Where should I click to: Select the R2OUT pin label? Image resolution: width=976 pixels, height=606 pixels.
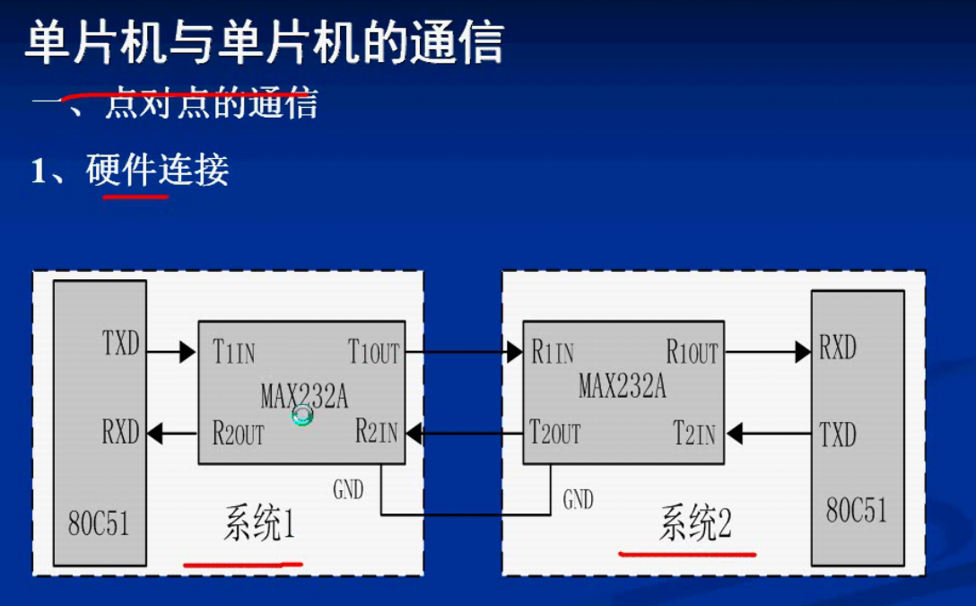pyautogui.click(x=238, y=435)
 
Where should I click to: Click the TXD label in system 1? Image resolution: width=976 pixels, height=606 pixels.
pyautogui.click(x=121, y=343)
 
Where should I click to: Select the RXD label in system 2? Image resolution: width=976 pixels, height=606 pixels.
pyautogui.click(x=838, y=347)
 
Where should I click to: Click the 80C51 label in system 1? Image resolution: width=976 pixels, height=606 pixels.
pyautogui.click(x=99, y=523)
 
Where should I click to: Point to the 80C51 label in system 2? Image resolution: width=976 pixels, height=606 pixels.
pyautogui.click(x=857, y=510)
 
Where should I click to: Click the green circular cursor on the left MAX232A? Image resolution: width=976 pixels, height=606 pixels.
pyautogui.click(x=303, y=415)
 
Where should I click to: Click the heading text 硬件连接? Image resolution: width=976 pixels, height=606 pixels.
pyautogui.click(x=158, y=171)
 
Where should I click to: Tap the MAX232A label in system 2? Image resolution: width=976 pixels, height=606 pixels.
pyautogui.click(x=622, y=387)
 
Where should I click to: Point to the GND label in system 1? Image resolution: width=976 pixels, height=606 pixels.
pyautogui.click(x=348, y=489)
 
